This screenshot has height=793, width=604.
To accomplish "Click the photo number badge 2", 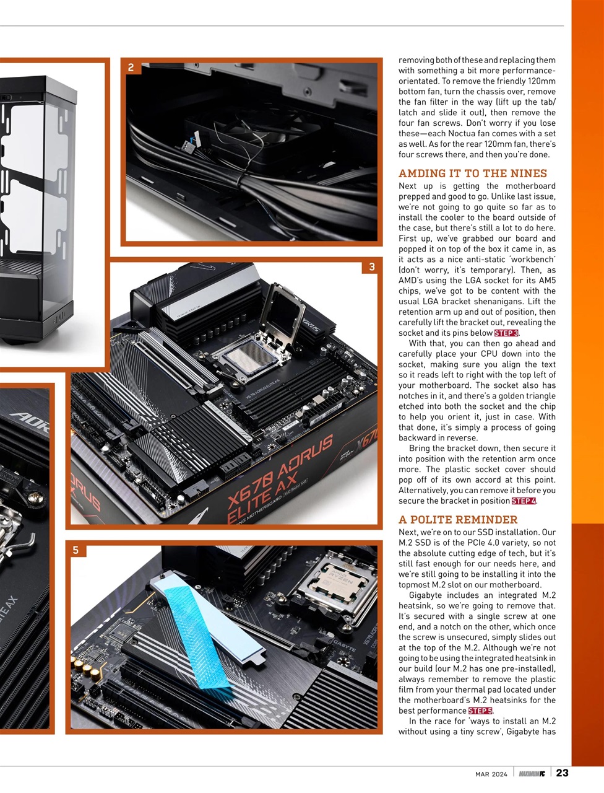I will [131, 68].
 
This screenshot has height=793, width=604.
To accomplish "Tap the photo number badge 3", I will [371, 267].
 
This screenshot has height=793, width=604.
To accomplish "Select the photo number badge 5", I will [75, 550].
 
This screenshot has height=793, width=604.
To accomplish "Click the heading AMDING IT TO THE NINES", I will [473, 173].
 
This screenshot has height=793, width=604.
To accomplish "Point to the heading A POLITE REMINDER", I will [458, 520].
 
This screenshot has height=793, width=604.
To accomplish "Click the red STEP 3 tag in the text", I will [506, 333].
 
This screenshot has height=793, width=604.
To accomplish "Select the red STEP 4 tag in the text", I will [524, 501].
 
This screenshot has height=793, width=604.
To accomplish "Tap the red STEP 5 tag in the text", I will [480, 711].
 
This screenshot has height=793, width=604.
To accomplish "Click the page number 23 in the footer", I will [562, 773].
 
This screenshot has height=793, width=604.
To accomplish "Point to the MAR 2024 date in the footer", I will [491, 774].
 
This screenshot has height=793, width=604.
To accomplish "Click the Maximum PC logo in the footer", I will [532, 773].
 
